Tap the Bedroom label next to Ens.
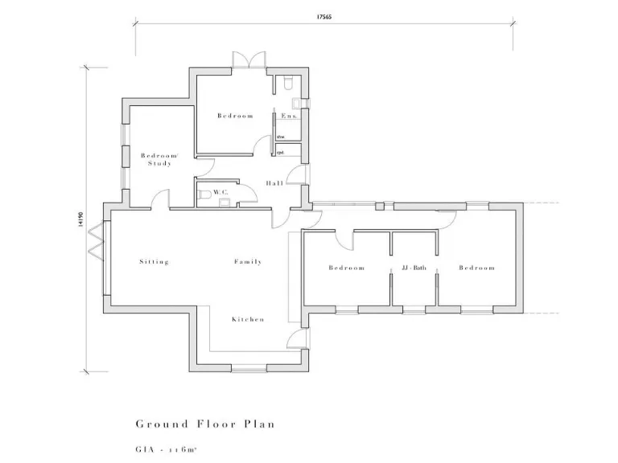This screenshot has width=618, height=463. coord(235,116)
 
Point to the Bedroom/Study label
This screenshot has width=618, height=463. coord(159,159)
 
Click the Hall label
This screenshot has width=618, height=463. coord(274,183)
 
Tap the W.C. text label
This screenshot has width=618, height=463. coord(220,192)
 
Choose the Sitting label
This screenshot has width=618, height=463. coord(154,261)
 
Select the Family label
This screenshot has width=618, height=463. coord(248,261)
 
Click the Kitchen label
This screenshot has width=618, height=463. coord(248,319)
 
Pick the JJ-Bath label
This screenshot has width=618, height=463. coord(414,268)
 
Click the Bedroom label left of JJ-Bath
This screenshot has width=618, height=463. coord(346,268)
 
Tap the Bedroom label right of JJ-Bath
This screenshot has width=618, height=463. coord(476,268)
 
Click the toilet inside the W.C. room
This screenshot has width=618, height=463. coord(205,194)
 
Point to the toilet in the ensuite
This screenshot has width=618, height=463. coord(288,82)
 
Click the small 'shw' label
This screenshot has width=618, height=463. coord(281,137)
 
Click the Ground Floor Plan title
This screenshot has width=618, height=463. coord(205,424)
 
